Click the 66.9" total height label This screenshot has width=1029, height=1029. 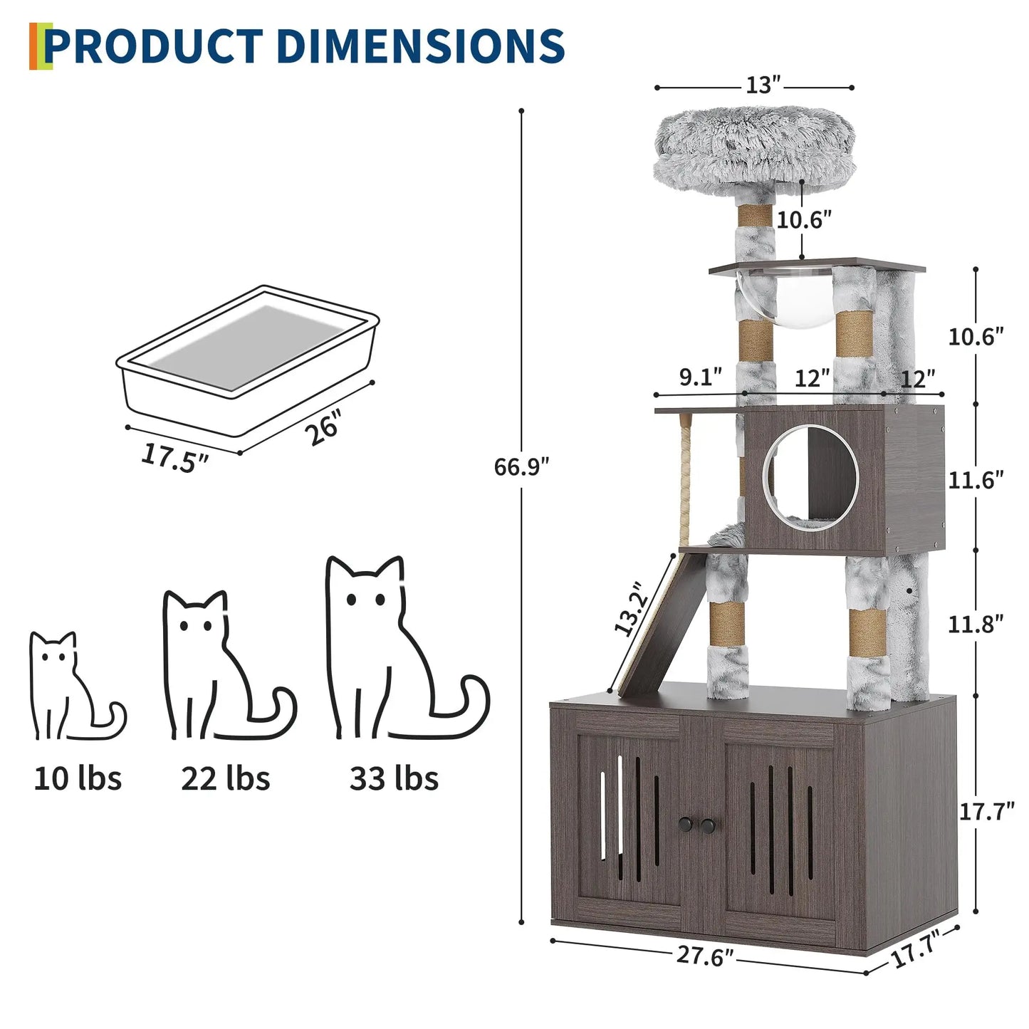pyautogui.click(x=521, y=467)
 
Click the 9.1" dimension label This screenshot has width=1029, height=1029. pyautogui.click(x=700, y=377)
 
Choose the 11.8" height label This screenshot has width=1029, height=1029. pyautogui.click(x=976, y=624)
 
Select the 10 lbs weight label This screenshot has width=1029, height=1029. pyautogui.click(x=78, y=778)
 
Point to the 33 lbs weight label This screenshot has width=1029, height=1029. pyautogui.click(x=394, y=778)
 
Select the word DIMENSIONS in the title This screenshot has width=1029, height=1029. pyautogui.click(x=419, y=46)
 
